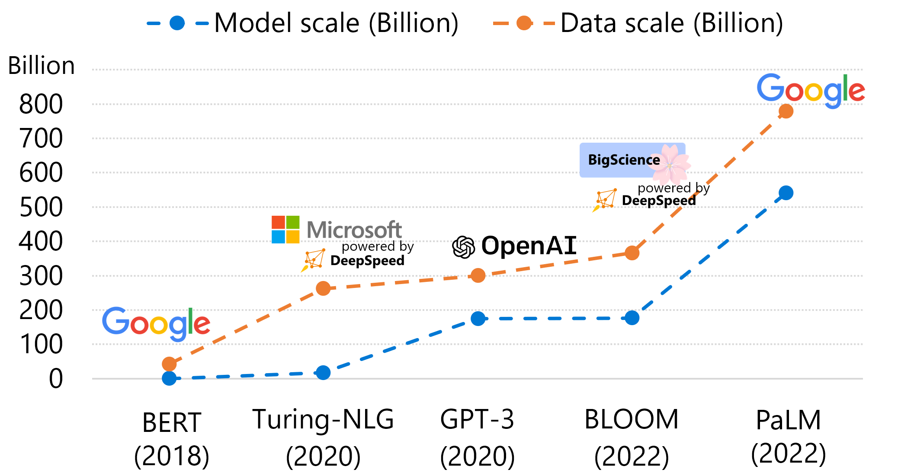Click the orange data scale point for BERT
(169, 364)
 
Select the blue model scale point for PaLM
(786, 193)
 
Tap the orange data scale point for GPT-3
(478, 275)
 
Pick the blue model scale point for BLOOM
(632, 318)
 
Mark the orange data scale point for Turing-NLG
(323, 288)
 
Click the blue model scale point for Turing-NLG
(323, 373)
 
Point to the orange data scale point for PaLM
(786, 111)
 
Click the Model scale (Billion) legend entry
(303, 23)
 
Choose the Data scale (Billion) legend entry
(638, 23)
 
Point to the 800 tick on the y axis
(41, 104)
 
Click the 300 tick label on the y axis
(41, 276)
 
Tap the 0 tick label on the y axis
(56, 379)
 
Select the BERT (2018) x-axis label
(172, 439)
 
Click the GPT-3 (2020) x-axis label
(478, 438)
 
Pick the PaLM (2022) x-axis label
(789, 437)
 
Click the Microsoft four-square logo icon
(285, 230)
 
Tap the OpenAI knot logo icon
(463, 247)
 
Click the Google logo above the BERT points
(156, 323)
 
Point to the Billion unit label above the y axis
(42, 66)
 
